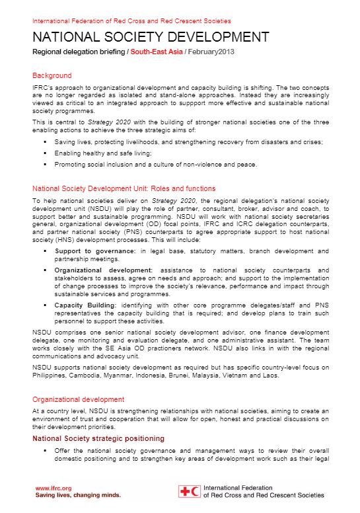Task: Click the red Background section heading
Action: [52, 75]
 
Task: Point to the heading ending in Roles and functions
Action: [124, 188]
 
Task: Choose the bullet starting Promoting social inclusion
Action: [156, 164]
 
